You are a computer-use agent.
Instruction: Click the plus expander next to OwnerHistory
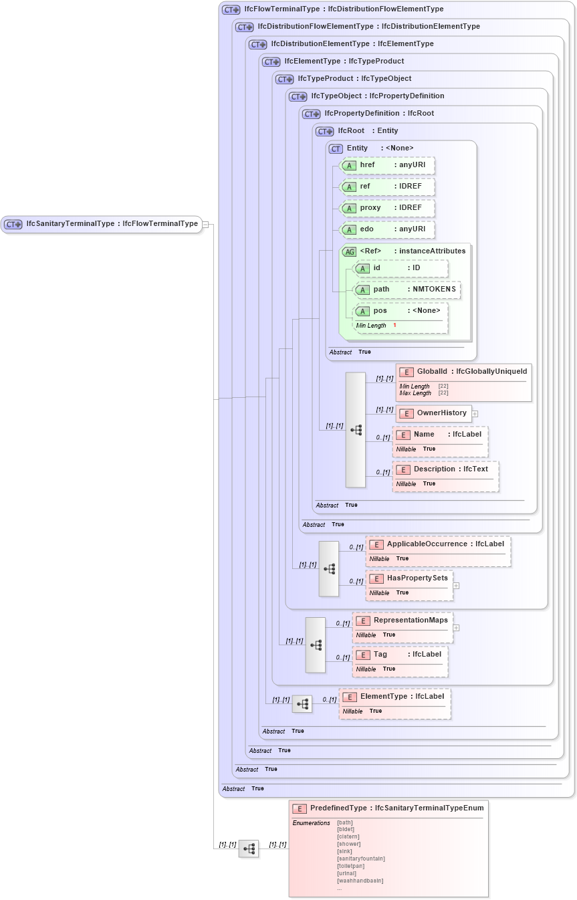pos(475,414)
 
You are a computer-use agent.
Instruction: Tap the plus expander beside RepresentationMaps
pos(456,628)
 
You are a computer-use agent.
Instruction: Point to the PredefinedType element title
pos(388,808)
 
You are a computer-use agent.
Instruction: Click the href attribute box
pos(387,165)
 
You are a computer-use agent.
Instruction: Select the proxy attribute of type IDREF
pos(387,208)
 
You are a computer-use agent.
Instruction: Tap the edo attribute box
pos(387,229)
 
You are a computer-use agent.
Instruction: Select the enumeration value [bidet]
pos(346,829)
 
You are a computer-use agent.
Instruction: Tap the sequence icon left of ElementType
pos(302,703)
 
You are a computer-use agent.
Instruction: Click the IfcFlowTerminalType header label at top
pos(334,9)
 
